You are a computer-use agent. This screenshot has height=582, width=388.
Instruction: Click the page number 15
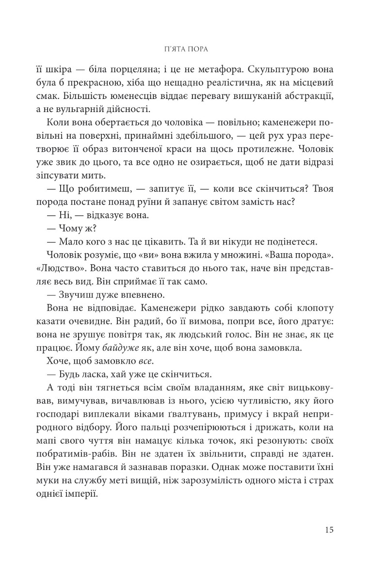327,530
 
